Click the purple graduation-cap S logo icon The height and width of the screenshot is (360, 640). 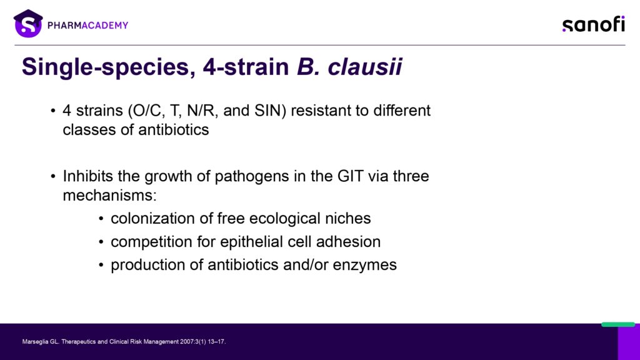click(28, 24)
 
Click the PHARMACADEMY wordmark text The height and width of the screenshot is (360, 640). click(87, 25)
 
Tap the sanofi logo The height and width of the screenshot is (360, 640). click(594, 24)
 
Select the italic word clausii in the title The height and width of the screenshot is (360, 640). click(365, 66)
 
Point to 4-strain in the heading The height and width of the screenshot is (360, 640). click(246, 66)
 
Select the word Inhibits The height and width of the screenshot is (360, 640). click(87, 176)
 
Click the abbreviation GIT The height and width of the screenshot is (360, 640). click(350, 176)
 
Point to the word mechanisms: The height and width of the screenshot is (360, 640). click(109, 196)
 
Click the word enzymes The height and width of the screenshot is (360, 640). click(364, 265)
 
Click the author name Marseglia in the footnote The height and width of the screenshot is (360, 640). click(35, 342)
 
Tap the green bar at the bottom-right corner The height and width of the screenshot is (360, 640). click(618, 324)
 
